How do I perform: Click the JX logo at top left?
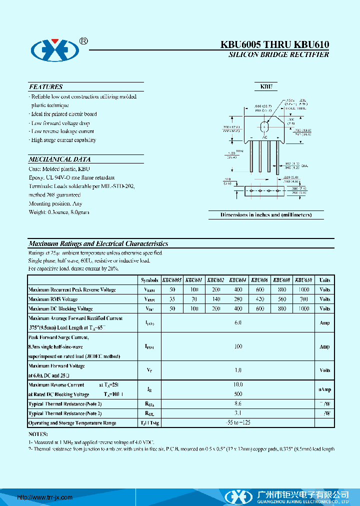pos(55,48)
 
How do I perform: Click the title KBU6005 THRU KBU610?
pos(274,45)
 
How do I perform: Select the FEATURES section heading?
pos(46,86)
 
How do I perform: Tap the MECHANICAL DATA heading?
pos(59,159)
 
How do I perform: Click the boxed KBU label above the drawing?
pos(265,86)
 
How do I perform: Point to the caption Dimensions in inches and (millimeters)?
pos(266,214)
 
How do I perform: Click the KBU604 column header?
pos(238,280)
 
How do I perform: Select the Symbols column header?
pos(149,280)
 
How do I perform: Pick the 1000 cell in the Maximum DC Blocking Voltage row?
pos(303,309)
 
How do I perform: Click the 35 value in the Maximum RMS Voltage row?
pos(172,299)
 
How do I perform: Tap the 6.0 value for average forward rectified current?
pos(238,323)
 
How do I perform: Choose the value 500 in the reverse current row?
pos(238,394)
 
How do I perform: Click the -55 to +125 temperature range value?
pos(238,422)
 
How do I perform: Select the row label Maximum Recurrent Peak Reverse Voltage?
pos(72,290)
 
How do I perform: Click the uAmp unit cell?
pos(324,389)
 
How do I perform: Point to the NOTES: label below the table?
pos(38,434)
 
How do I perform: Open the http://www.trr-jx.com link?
pos(45,497)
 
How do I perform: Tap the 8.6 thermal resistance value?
pos(238,403)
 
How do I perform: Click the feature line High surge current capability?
pos(63,140)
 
